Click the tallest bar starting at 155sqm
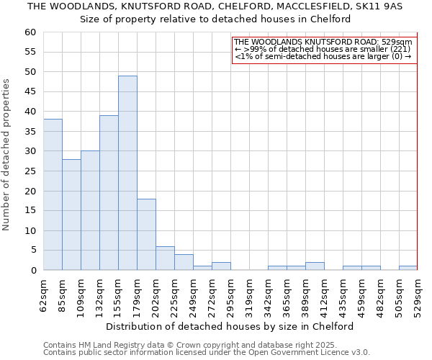127,173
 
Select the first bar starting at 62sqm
53,194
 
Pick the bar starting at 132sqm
109,192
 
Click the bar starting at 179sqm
146,234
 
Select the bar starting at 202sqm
165,258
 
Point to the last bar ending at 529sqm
408,268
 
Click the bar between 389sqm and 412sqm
315,266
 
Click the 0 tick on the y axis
32,271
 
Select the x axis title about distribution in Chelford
230,326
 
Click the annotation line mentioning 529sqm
323,42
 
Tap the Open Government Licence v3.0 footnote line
207,352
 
